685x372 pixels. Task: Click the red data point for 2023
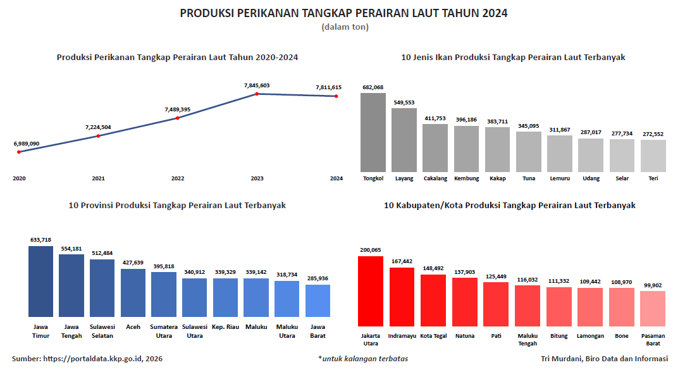(x=257, y=94)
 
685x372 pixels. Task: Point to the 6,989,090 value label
(x=27, y=144)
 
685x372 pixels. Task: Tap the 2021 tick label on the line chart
(x=98, y=178)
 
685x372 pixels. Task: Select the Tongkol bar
(x=373, y=132)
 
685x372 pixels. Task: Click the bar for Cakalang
(x=435, y=147)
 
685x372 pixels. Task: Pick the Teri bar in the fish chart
(x=653, y=156)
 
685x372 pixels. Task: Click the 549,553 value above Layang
(x=404, y=102)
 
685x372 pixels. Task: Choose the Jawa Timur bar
(x=40, y=281)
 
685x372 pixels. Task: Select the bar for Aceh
(x=133, y=292)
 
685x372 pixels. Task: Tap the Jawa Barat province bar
(x=318, y=301)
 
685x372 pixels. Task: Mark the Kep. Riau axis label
(x=225, y=327)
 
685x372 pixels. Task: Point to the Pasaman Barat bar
(x=652, y=308)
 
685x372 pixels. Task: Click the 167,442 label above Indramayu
(x=402, y=261)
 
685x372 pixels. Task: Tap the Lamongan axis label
(x=590, y=336)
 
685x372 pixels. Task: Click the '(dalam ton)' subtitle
(x=345, y=27)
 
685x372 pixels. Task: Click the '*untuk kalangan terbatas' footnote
(x=363, y=359)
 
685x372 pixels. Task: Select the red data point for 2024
(x=336, y=96)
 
